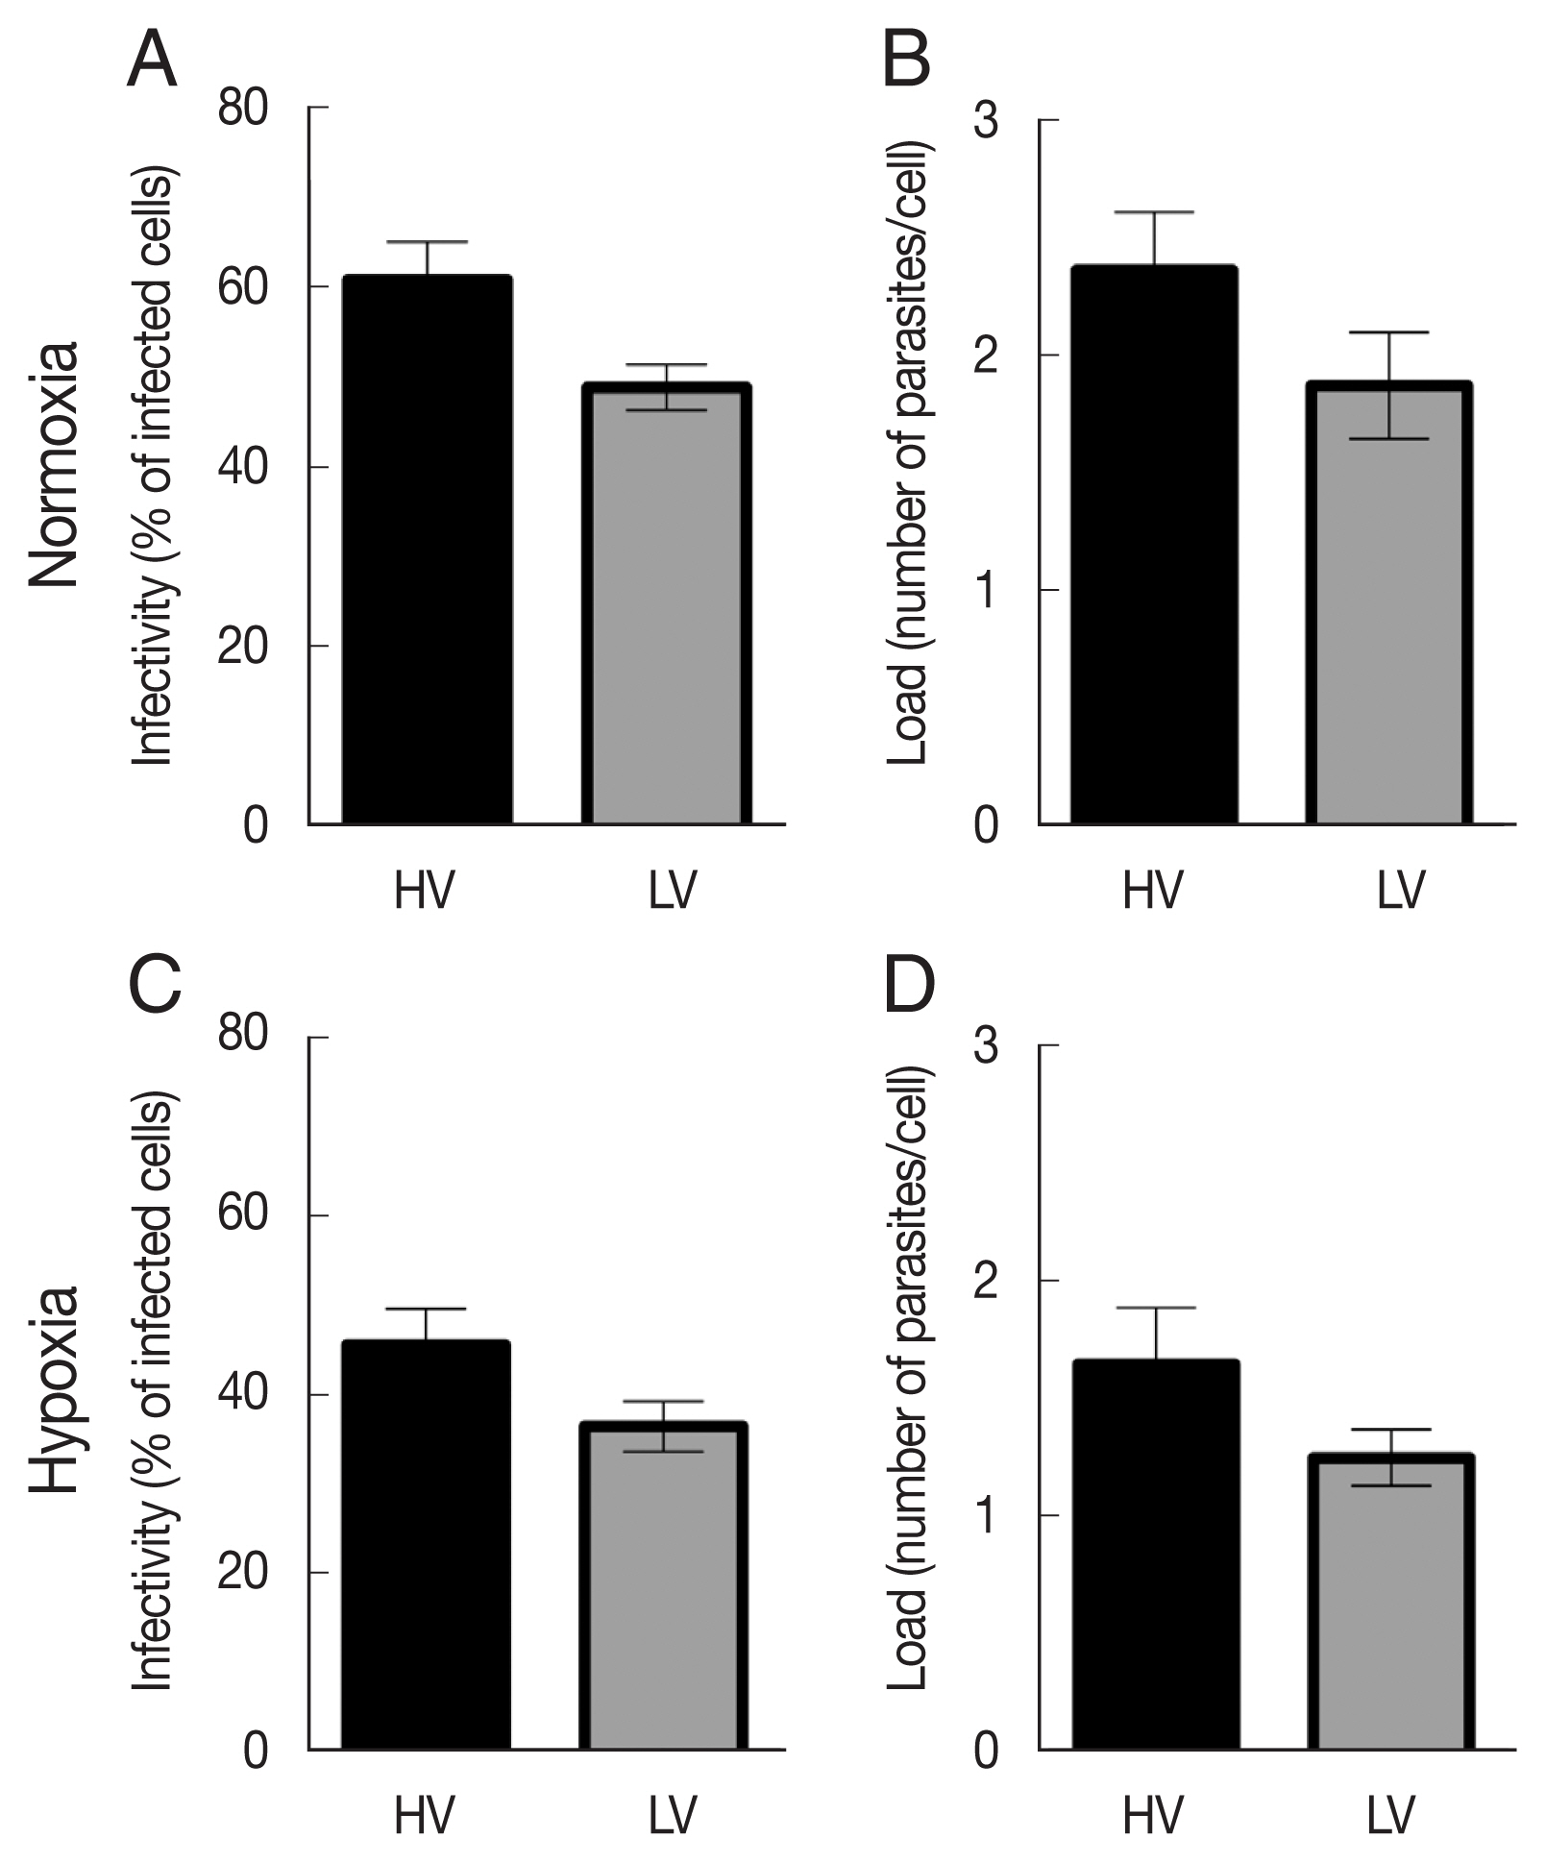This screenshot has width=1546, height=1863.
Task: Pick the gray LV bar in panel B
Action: [1389, 605]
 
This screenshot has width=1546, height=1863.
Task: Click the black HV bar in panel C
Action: [426, 1546]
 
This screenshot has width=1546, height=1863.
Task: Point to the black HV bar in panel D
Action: [1156, 1556]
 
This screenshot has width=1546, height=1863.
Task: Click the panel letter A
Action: [152, 61]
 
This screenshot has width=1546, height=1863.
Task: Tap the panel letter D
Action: [909, 988]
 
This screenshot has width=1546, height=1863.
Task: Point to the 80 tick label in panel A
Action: [243, 109]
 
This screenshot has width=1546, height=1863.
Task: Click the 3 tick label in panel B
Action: [987, 122]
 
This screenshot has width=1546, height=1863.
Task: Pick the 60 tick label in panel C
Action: [243, 1214]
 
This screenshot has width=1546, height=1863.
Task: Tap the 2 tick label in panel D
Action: [987, 1281]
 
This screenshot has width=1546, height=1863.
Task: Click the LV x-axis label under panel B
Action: [1400, 891]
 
